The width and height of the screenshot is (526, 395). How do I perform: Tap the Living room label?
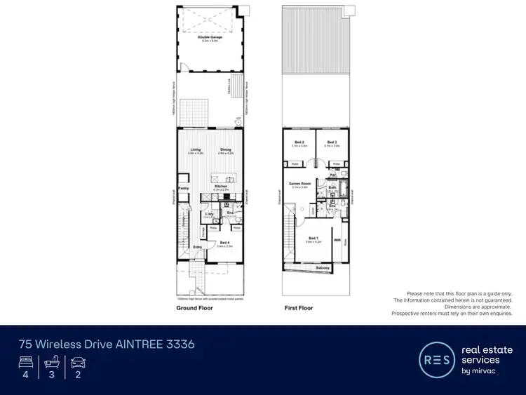pos(195,149)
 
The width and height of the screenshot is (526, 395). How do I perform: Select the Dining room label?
pos(225,149)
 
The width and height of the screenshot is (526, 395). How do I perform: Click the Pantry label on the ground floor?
pos(185,189)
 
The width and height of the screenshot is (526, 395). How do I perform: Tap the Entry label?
pos(197,247)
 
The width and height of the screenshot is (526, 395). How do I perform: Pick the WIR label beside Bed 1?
pos(337,239)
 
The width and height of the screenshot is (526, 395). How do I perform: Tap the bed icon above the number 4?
pos(26,363)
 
